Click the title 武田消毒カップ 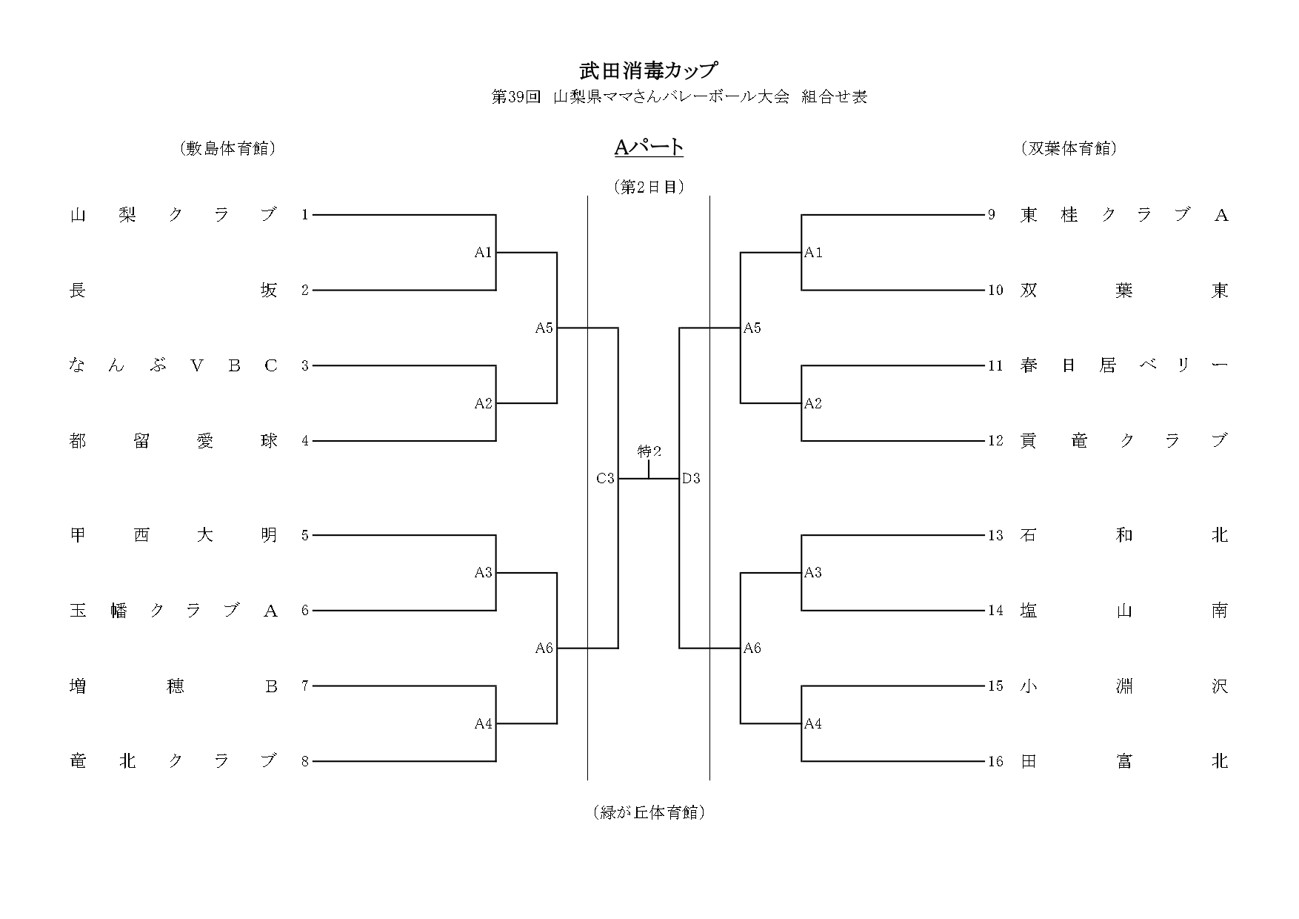tap(649, 70)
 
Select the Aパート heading tap(649, 147)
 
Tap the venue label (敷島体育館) tap(227, 149)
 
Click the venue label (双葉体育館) tap(1068, 149)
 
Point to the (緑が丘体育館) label tap(649, 812)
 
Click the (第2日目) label tap(649, 187)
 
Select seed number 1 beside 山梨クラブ tap(304, 215)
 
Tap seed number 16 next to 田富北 tap(995, 761)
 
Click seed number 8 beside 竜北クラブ tap(304, 761)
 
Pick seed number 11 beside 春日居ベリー tap(995, 365)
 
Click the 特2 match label tap(649, 451)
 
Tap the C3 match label tap(605, 479)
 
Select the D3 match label tap(691, 479)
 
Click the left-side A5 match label tap(544, 328)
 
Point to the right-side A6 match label tap(752, 648)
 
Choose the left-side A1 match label tap(483, 253)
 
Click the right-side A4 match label tap(813, 724)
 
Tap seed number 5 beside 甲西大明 tap(304, 535)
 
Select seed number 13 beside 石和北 tap(995, 535)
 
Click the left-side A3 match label tap(483, 573)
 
